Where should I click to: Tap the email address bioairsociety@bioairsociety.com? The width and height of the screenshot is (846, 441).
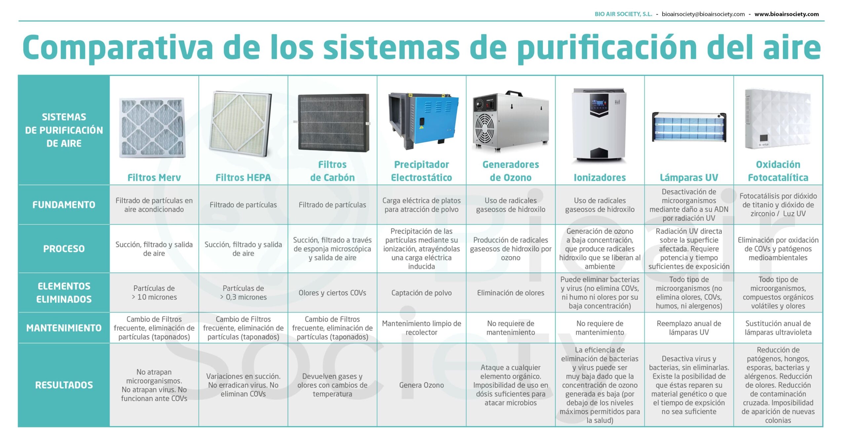point(703,14)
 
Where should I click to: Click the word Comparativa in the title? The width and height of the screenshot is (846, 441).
point(118,47)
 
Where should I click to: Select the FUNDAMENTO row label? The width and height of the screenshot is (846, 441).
point(64,205)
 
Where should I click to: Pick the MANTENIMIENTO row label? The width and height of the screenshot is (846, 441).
point(64,328)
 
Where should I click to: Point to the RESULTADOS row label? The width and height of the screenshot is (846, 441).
point(64,385)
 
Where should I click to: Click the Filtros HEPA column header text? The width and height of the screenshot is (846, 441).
point(243,178)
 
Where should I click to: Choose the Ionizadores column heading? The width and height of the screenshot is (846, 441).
point(599,178)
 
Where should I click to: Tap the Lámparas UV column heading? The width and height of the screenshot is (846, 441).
point(689,178)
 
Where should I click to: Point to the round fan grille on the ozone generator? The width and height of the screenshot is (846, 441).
point(485,129)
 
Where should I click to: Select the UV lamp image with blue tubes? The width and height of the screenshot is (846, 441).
point(689,127)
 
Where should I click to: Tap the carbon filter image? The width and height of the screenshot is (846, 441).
point(333,122)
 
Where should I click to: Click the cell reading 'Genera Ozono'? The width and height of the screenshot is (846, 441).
point(421,385)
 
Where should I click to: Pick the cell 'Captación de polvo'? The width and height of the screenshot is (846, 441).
point(421,293)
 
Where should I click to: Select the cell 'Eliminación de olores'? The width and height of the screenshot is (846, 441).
point(511,293)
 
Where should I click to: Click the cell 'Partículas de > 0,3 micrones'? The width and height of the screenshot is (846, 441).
point(243,293)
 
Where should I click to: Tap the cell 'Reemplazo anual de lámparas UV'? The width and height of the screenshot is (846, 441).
point(689,328)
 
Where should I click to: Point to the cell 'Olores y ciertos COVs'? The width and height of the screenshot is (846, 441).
point(332,293)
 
